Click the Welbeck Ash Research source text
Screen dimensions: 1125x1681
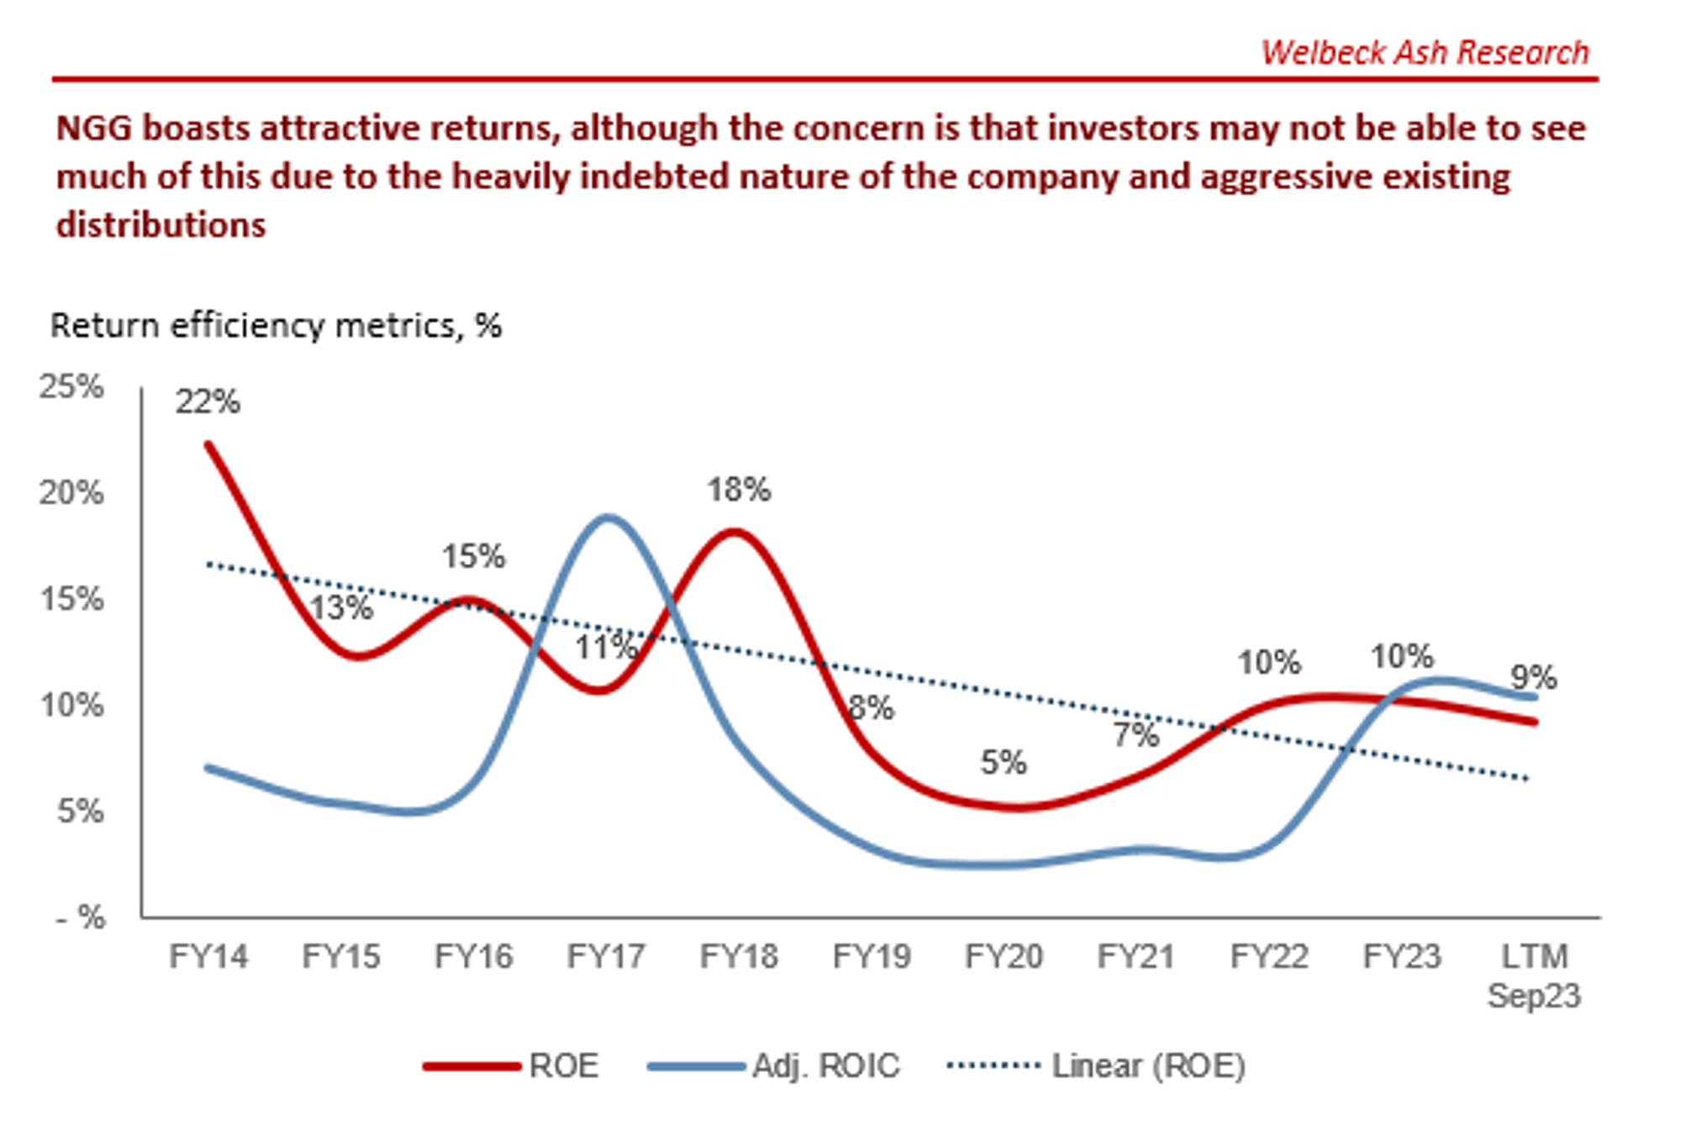click(x=1425, y=52)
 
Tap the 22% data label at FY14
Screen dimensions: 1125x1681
click(x=207, y=402)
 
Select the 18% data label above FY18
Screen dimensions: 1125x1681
click(x=738, y=489)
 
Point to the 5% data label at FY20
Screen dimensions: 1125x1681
click(x=1003, y=763)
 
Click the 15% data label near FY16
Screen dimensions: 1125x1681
click(x=473, y=556)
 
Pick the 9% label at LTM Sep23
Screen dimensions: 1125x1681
click(x=1533, y=677)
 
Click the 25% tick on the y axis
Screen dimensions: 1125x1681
click(x=71, y=387)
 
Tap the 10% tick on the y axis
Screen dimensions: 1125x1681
click(x=71, y=705)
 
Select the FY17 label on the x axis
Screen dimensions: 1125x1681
click(x=606, y=956)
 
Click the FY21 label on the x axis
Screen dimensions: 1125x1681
click(x=1136, y=956)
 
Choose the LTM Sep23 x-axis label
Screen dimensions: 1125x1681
click(x=1534, y=975)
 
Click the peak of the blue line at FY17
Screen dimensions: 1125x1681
click(x=607, y=518)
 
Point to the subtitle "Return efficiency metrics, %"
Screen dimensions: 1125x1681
click(x=276, y=326)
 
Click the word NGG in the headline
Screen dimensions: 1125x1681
click(x=94, y=129)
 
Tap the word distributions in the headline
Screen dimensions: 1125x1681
click(x=161, y=225)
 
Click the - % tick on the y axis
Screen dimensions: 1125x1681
click(x=81, y=917)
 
